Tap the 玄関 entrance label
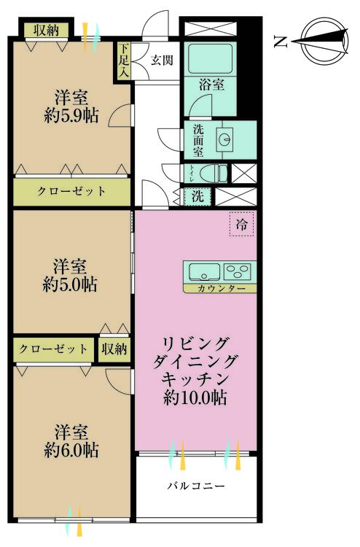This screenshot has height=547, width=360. pyautogui.click(x=161, y=61)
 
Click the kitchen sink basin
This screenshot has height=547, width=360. pyautogui.click(x=205, y=272)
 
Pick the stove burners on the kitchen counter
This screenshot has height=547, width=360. pyautogui.click(x=238, y=272)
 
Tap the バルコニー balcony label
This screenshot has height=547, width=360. pyautogui.click(x=196, y=486)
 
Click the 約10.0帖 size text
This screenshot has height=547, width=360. pyautogui.click(x=195, y=398)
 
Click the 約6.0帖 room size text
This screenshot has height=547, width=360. pyautogui.click(x=71, y=449)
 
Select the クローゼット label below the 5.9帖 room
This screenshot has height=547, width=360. pyautogui.click(x=71, y=192)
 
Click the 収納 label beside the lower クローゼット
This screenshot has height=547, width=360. pyautogui.click(x=114, y=349)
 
